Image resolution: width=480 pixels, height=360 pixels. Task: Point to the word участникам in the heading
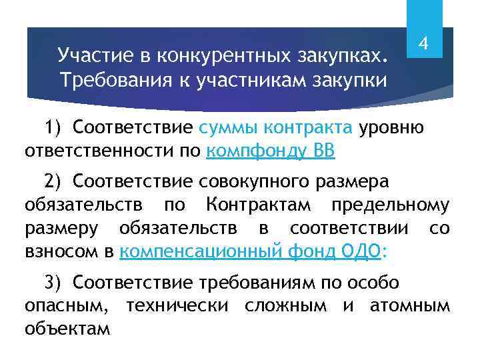tap(248, 81)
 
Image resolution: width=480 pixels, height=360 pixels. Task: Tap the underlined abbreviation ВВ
tap(322, 151)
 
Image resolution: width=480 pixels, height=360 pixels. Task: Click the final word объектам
tap(67, 329)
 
